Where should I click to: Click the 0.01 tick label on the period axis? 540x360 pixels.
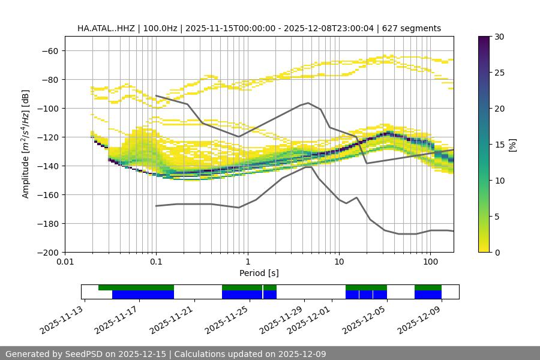65,262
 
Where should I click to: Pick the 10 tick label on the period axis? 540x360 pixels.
339,262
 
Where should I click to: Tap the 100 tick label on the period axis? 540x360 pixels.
430,262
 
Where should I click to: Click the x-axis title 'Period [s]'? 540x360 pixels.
259,273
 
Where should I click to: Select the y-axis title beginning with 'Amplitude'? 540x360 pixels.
26,144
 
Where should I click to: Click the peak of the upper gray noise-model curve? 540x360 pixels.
308,103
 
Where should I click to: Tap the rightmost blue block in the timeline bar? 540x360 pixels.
428,295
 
